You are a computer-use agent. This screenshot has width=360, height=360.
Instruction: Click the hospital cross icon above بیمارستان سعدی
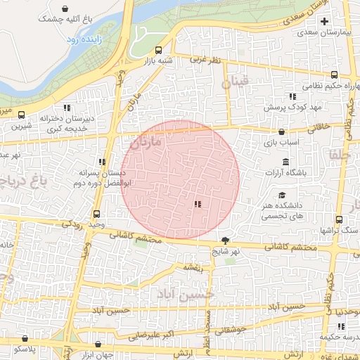click(324, 22)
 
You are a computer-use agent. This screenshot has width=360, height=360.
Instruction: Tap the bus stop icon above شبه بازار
click(158, 50)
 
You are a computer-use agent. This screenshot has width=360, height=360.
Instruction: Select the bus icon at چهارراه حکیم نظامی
click(333, 75)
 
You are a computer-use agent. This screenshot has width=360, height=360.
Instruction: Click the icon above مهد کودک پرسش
click(292, 96)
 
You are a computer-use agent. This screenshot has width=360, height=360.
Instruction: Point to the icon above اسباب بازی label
click(282, 131)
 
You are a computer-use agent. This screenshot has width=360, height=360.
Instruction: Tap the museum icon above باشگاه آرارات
click(285, 162)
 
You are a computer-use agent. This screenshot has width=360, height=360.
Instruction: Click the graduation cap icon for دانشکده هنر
click(282, 195)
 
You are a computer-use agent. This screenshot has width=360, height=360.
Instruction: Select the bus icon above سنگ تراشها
click(339, 219)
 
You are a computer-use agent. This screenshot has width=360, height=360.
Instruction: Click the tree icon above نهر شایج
click(225, 240)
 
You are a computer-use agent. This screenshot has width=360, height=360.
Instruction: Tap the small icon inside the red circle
click(198, 204)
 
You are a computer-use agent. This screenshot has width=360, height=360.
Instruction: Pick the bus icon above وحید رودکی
click(96, 214)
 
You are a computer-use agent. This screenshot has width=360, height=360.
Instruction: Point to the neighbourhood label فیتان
click(235, 82)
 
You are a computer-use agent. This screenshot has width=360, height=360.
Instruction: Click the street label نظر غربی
click(206, 60)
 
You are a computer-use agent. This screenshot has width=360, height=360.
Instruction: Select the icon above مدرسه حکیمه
click(341, 327)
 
